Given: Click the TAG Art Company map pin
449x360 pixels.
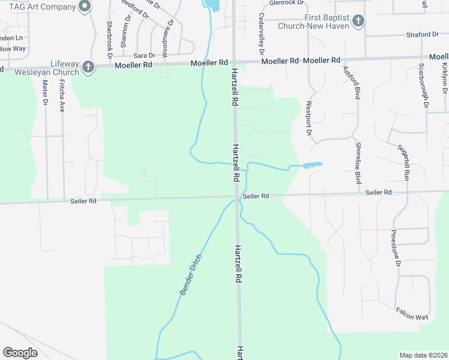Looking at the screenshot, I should (x=85, y=7).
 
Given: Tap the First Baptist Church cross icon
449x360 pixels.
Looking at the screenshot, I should (x=358, y=22).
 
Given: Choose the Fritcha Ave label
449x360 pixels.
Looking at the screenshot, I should (x=62, y=99).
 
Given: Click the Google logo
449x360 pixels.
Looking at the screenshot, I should (x=20, y=353).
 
